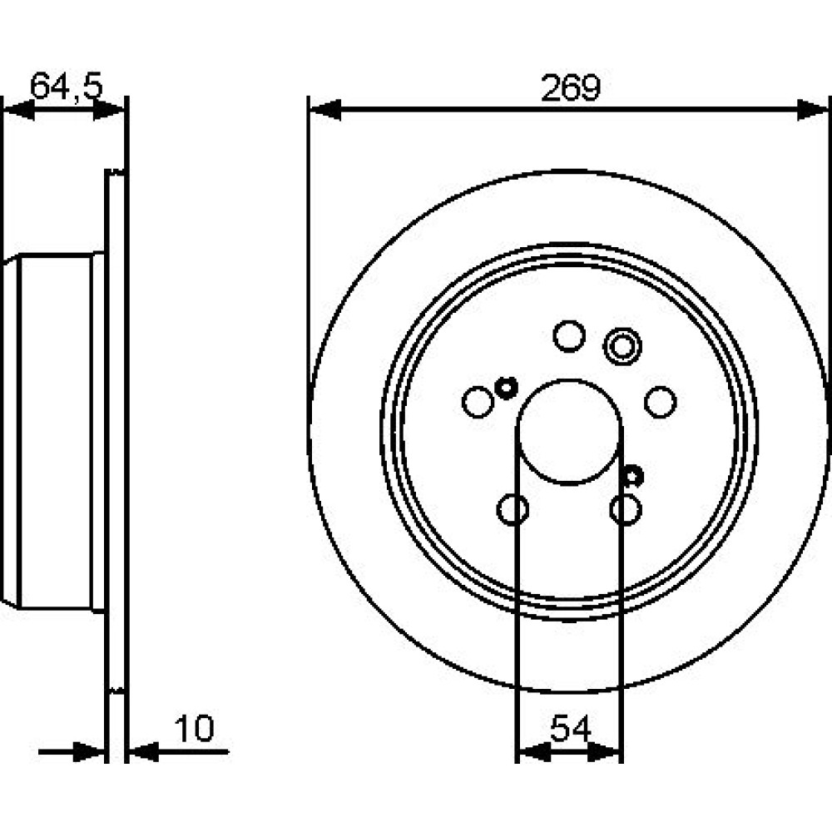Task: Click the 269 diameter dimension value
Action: pyautogui.click(x=571, y=87)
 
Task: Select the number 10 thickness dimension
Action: pyautogui.click(x=194, y=729)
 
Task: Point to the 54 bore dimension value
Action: pyautogui.click(x=571, y=729)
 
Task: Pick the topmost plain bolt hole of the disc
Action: pyautogui.click(x=569, y=336)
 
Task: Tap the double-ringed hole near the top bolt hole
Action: pyautogui.click(x=622, y=347)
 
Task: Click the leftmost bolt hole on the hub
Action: pyautogui.click(x=478, y=402)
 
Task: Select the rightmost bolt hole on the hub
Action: pyautogui.click(x=660, y=402)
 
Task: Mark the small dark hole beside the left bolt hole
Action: pyautogui.click(x=506, y=388)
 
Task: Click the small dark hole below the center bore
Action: pyautogui.click(x=632, y=475)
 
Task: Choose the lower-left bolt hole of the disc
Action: pyautogui.click(x=513, y=509)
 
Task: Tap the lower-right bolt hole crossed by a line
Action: pyautogui.click(x=626, y=509)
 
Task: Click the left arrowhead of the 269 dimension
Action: pyautogui.click(x=324, y=109)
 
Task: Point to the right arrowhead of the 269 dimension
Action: pyautogui.click(x=813, y=109)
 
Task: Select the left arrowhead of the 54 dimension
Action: pyautogui.click(x=533, y=752)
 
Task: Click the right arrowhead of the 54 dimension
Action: pyautogui.click(x=604, y=752)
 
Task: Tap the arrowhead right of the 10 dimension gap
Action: pyautogui.click(x=144, y=751)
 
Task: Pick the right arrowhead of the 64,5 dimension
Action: pyautogui.click(x=109, y=110)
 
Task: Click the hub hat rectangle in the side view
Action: pyautogui.click(x=55, y=432)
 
